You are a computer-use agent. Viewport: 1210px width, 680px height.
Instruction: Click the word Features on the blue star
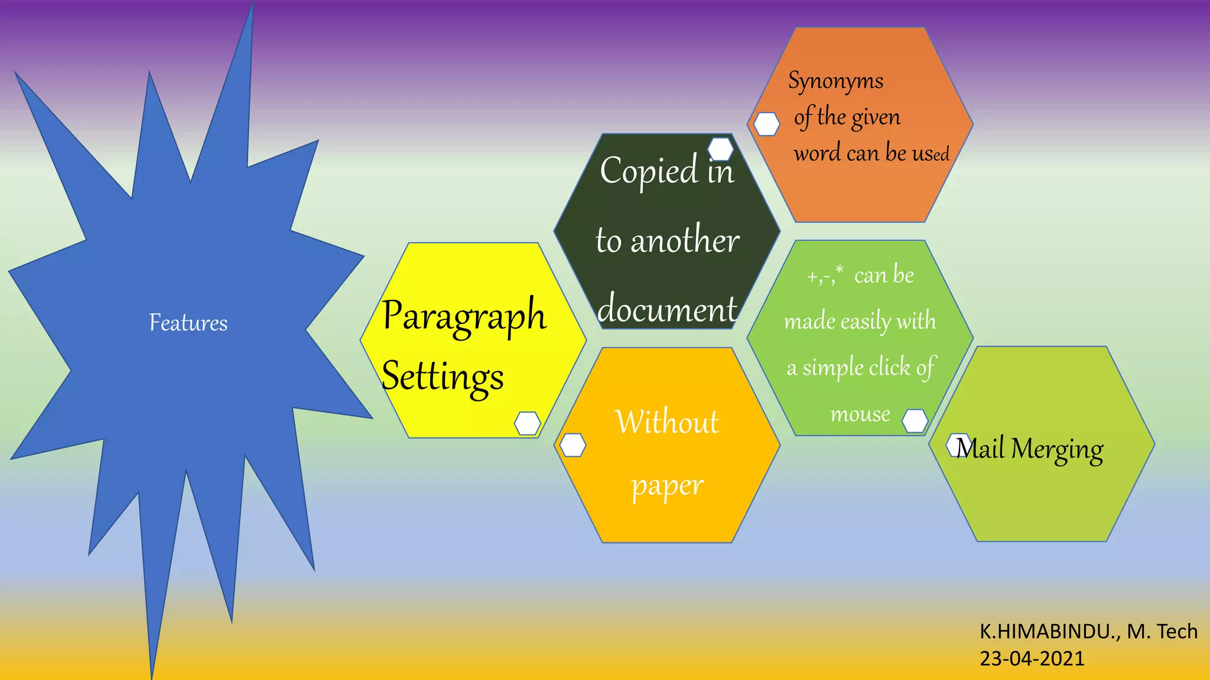pos(188,323)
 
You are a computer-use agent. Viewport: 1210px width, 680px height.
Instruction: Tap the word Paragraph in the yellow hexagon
pos(464,315)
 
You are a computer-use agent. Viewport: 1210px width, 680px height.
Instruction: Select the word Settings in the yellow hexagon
pos(443,376)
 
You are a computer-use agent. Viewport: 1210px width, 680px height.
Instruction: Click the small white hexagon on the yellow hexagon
pos(527,423)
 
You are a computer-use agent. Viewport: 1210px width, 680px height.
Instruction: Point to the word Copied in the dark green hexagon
pos(648,171)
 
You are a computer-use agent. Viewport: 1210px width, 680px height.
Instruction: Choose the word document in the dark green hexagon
pos(667,309)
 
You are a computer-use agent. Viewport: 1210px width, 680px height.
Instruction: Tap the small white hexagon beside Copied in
pos(721,149)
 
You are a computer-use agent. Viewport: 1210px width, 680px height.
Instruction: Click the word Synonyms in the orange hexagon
pos(835,81)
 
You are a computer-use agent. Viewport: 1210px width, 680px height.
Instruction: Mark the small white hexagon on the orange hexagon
pos(766,124)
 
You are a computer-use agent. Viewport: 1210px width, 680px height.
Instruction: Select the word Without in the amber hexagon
pos(667,421)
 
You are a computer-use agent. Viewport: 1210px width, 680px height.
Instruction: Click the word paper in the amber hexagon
pos(667,486)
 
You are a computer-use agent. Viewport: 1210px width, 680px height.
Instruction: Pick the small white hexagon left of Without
pos(573,445)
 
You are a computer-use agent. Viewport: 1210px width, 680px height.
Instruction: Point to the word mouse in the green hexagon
pos(860,414)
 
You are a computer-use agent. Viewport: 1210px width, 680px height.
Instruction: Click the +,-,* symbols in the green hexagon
pos(825,276)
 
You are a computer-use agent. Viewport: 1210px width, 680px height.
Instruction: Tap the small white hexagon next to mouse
pos(915,421)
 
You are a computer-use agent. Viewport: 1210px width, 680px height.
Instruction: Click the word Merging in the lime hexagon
pos(1057,449)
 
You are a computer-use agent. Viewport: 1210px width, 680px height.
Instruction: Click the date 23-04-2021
pos(1032,658)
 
